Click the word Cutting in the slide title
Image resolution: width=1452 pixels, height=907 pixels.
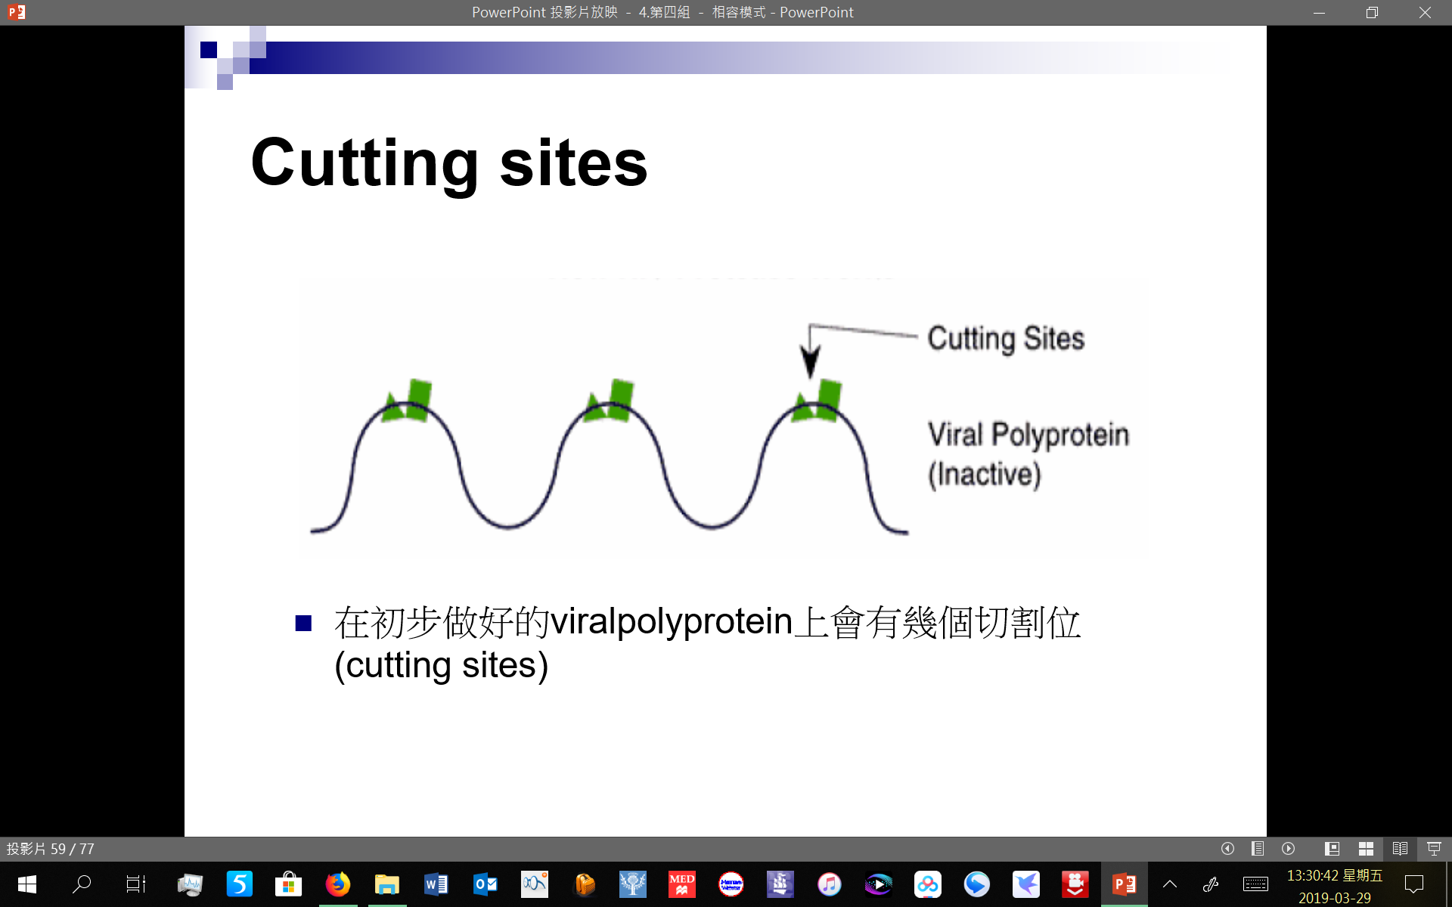365,163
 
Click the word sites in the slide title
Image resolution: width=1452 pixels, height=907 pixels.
573,163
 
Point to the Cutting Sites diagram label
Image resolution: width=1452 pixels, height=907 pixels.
1006,339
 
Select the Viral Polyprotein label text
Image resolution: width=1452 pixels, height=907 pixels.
1028,435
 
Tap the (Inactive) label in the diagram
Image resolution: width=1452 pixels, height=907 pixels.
985,475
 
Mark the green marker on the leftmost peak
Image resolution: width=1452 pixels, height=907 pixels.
407,401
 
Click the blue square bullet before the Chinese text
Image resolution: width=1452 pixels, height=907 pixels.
303,623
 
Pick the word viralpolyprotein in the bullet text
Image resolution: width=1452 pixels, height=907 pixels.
672,621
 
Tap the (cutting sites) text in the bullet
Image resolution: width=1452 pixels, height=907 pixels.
442,665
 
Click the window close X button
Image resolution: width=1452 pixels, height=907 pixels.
1425,12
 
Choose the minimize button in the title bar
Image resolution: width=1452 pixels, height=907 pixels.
1319,12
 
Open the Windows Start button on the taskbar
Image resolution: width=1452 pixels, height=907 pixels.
26,884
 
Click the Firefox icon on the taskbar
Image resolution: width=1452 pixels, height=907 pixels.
337,884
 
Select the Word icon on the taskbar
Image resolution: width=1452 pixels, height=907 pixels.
436,884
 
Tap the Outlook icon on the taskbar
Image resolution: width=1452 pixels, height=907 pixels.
485,884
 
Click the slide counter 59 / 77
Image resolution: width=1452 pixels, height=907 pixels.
73,849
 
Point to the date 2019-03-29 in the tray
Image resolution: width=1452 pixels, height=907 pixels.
1335,898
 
